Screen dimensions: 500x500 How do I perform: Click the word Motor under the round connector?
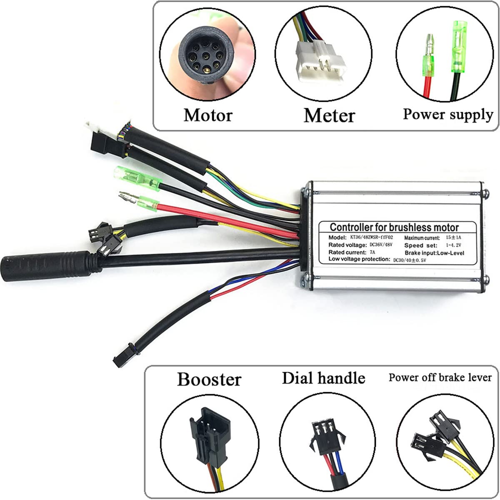click(207, 115)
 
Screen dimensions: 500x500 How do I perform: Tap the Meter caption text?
click(329, 115)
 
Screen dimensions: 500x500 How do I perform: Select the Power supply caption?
click(447, 114)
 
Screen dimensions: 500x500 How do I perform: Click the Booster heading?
click(209, 380)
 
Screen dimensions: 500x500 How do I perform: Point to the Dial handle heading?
click(323, 378)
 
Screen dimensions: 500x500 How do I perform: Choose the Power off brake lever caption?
click(440, 377)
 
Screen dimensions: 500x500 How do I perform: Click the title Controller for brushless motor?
click(394, 227)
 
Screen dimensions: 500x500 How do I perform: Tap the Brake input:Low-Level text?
click(434, 252)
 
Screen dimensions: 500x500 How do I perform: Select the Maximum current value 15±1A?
click(453, 237)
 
